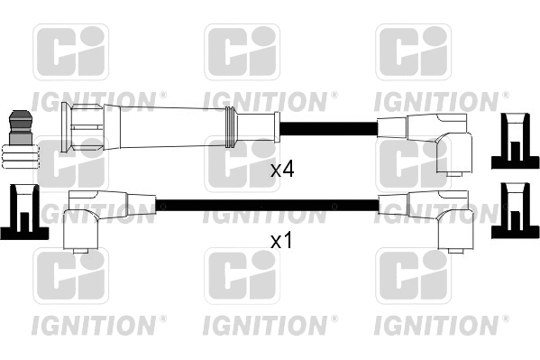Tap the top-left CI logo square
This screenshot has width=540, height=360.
coord(70,52)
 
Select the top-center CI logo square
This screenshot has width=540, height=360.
coord(242,52)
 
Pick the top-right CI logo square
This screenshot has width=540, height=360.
coord(412,52)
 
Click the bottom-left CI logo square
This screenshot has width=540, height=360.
coord(70,278)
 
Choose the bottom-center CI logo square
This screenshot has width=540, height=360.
coord(242,278)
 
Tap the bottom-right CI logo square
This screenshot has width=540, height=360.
coord(412,278)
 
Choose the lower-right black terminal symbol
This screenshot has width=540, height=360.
coord(513,211)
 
